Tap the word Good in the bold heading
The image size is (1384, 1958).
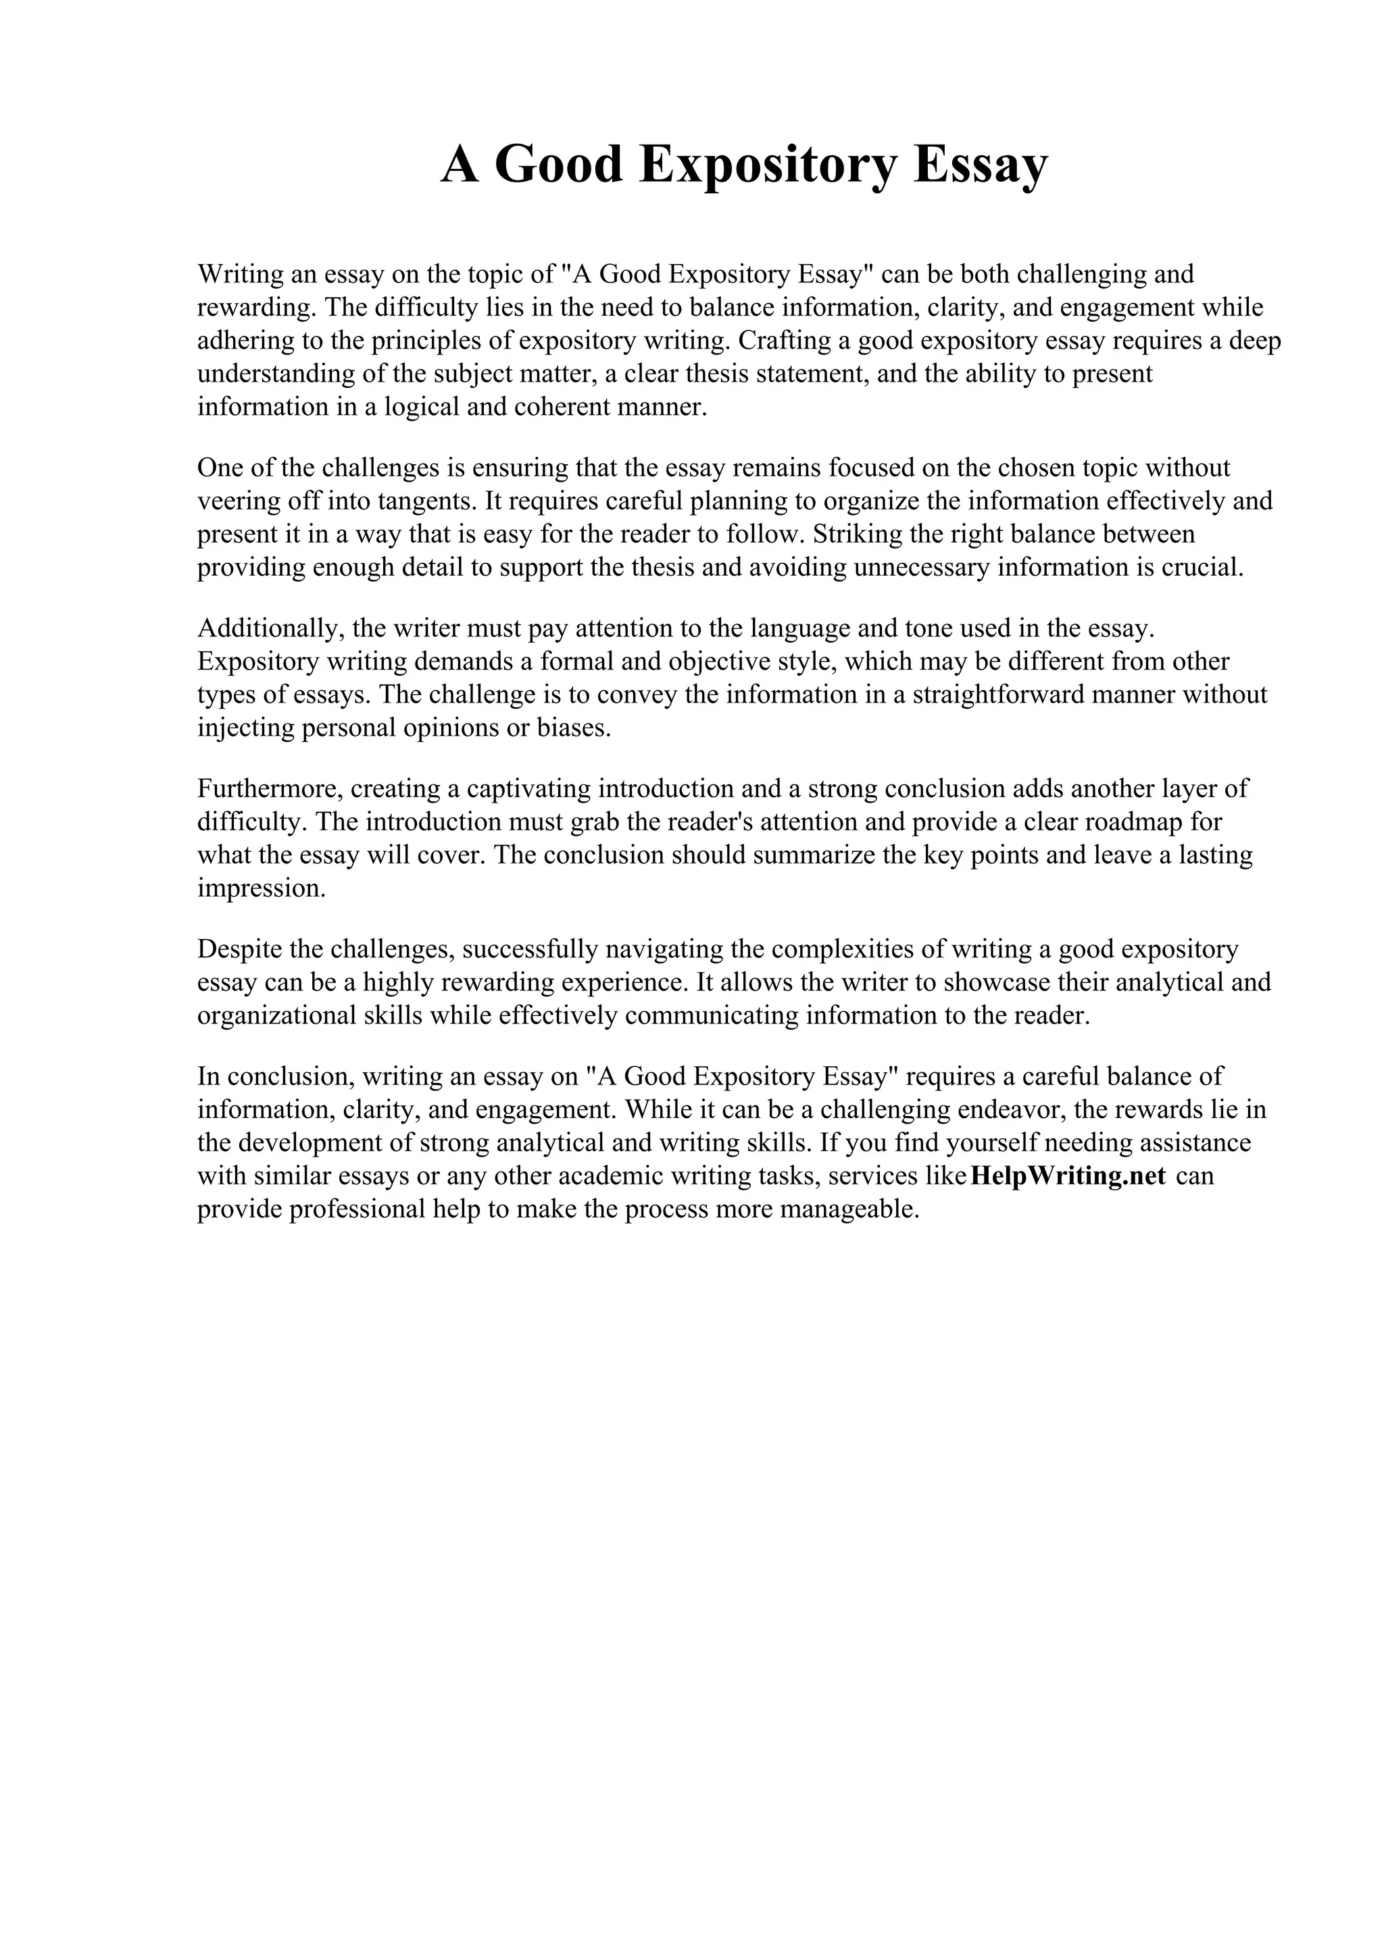[x=559, y=166]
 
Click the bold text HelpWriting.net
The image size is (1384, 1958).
[x=1068, y=1176]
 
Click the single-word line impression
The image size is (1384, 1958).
[x=262, y=888]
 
